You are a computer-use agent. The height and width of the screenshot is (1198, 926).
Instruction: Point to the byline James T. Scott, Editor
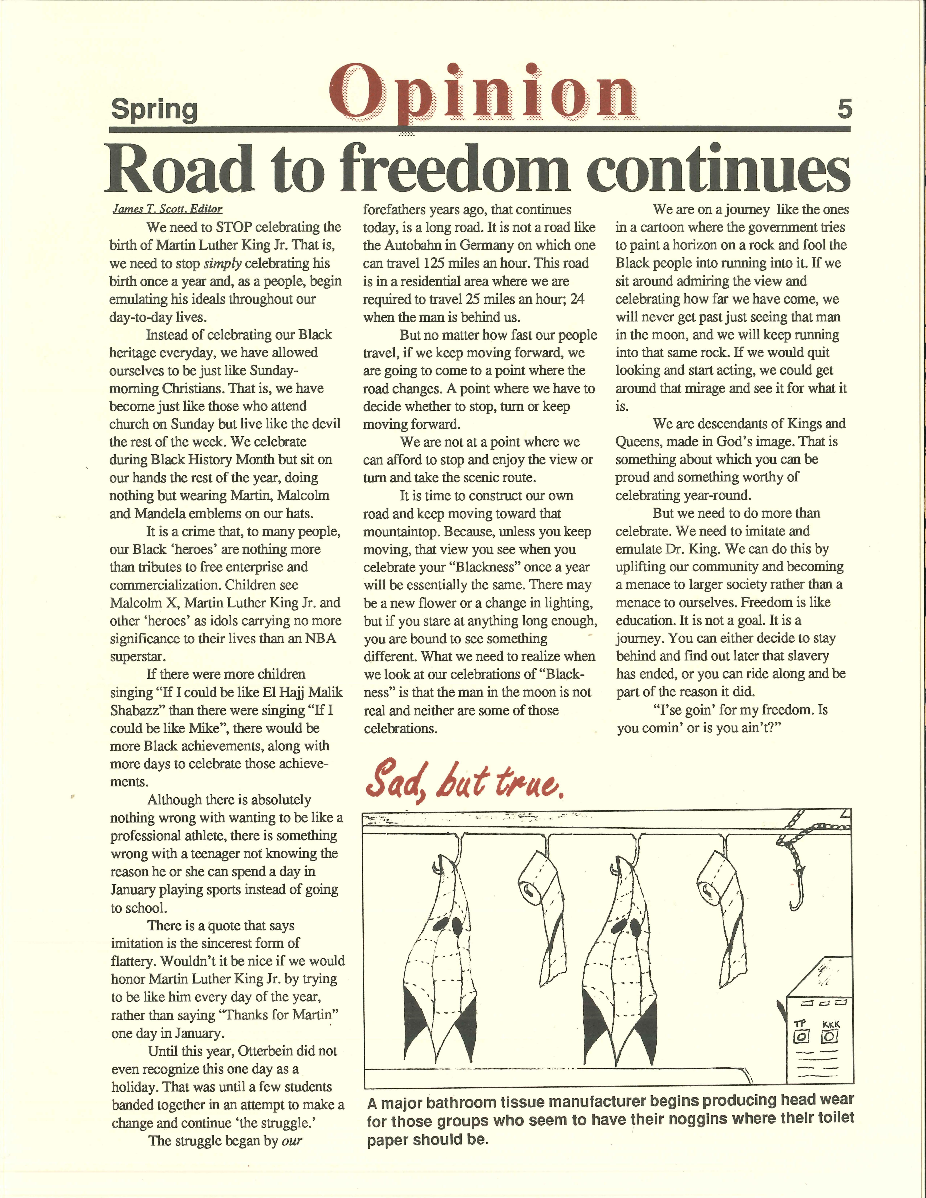[x=167, y=209]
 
